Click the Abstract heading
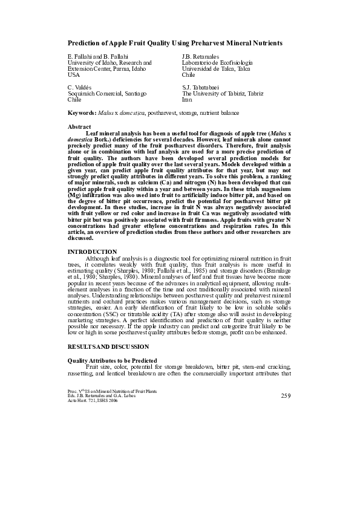[79, 127]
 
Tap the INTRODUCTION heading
[92, 251]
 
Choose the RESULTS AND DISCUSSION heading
[108, 346]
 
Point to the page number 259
[287, 395]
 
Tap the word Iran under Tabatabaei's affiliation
[187, 100]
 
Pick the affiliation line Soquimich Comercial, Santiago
[106, 94]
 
